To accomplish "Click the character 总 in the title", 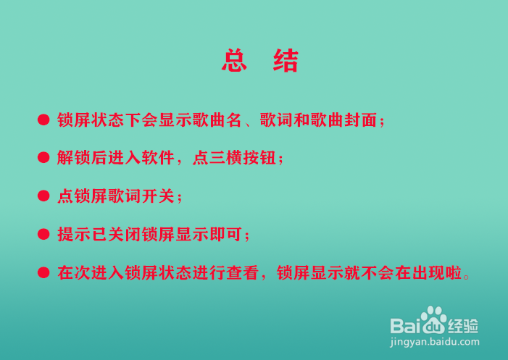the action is tap(234, 60).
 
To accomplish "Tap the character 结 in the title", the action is tap(286, 60).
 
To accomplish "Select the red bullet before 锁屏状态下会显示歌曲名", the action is tap(43, 120).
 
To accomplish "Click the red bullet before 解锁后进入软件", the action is tap(43, 158).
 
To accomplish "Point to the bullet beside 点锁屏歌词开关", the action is tap(43, 196).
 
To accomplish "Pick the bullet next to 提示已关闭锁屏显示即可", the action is tap(43, 234).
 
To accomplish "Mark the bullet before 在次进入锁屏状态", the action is tap(43, 272).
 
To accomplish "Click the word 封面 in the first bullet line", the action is tap(360, 120).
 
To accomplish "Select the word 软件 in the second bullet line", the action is tap(158, 158).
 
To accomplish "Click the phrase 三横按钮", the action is tap(243, 158).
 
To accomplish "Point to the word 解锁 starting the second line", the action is tap(74, 158).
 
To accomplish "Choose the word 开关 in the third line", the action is tap(159, 196).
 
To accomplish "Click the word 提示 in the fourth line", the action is tap(74, 235).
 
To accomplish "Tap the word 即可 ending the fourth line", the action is tap(226, 235).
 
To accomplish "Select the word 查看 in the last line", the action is tap(243, 272).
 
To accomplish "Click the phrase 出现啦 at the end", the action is tap(437, 272).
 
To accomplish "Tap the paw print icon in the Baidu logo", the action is tap(433, 319).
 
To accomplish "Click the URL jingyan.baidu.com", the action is tap(435, 342).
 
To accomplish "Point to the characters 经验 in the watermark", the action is tap(462, 326).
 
